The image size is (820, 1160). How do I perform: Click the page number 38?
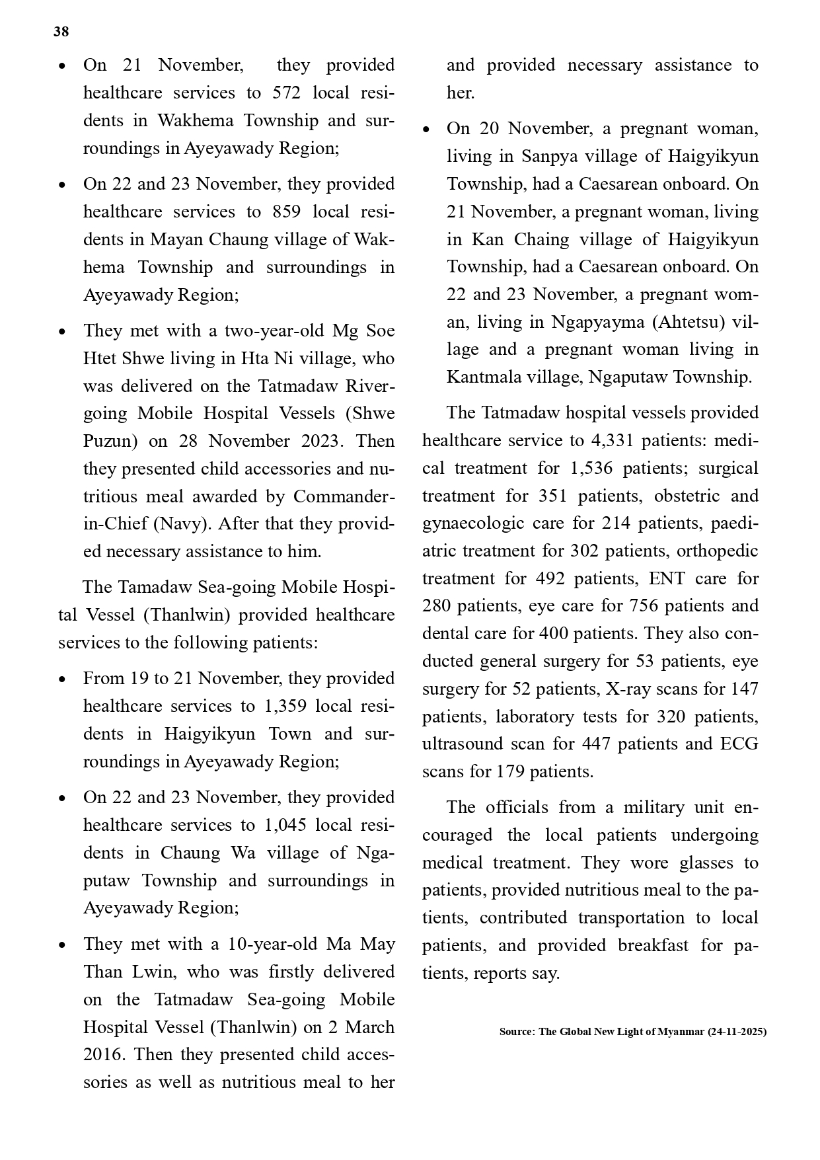point(61,32)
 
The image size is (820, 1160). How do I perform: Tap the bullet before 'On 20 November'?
point(426,129)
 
